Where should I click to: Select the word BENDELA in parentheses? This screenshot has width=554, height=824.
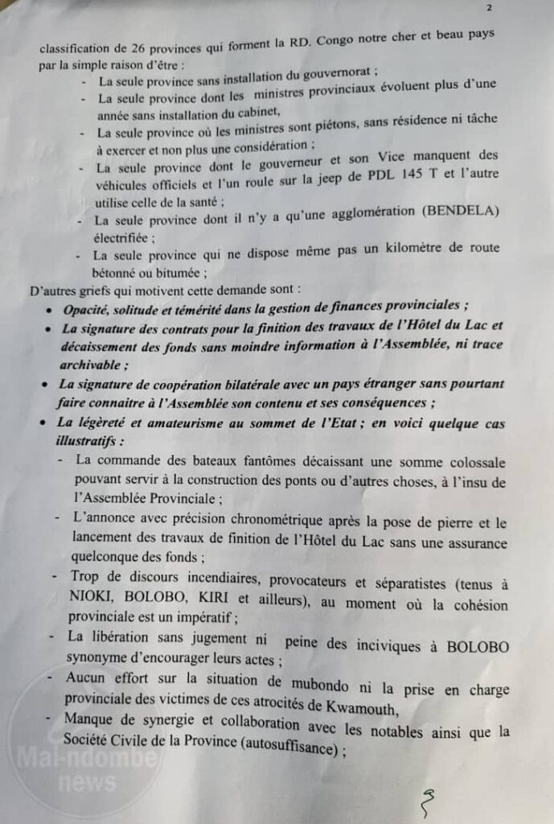459,211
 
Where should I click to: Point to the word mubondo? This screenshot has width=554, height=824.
324,679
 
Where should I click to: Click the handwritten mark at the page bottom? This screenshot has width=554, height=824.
428,801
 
